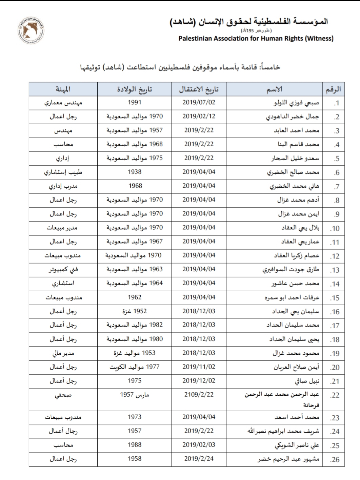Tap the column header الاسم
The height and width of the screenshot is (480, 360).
[x=275, y=89]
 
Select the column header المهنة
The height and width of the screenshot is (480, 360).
[x=63, y=89]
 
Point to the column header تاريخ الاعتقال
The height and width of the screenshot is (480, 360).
[x=199, y=89]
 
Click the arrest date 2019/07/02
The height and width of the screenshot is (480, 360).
[x=199, y=102]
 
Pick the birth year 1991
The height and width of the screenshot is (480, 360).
[x=135, y=102]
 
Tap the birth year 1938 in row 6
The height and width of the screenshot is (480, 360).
[x=135, y=172]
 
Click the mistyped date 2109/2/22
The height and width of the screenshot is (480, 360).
[x=199, y=395]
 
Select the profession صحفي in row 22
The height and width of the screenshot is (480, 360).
[x=63, y=395]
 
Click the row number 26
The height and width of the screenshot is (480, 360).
[x=335, y=460]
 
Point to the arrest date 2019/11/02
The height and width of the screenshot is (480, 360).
[x=199, y=367]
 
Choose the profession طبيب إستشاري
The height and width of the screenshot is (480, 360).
[x=63, y=172]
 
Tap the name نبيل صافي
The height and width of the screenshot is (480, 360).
[x=307, y=381]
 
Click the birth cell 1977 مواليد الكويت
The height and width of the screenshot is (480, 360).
[x=135, y=367]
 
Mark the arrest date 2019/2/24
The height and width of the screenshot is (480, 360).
[x=199, y=459]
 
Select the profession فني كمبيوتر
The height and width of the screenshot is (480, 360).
[x=63, y=270]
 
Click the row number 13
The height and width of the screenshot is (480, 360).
[x=335, y=270]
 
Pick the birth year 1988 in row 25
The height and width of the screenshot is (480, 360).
[x=135, y=445]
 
